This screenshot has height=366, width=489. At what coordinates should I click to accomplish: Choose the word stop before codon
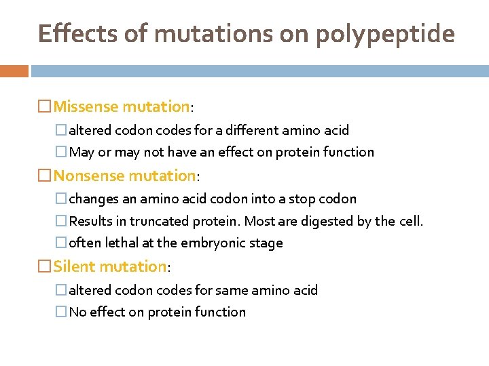(310, 199)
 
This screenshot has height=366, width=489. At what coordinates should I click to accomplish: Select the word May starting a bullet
(81, 152)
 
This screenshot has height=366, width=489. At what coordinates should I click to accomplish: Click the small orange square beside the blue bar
(14, 70)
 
